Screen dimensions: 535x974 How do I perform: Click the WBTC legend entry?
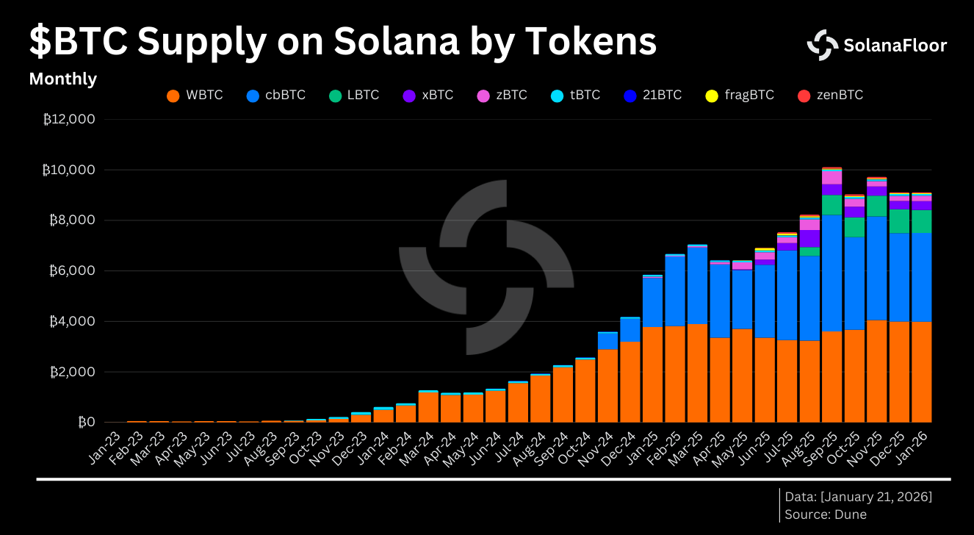tap(195, 96)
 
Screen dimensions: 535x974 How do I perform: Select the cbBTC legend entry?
tap(276, 96)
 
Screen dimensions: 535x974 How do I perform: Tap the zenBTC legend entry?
tap(830, 96)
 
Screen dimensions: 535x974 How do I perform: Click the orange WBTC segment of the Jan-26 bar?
tap(921, 372)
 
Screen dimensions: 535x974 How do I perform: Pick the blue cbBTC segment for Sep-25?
tap(831, 273)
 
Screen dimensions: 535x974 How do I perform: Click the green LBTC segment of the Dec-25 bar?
tap(899, 221)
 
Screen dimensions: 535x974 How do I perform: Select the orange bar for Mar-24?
tap(428, 408)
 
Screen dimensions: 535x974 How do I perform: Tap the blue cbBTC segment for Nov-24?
tap(607, 341)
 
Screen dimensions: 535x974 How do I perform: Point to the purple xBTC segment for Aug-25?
tap(809, 239)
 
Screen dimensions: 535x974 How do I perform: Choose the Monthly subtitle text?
tap(62, 79)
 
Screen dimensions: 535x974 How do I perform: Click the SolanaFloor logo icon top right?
tap(822, 45)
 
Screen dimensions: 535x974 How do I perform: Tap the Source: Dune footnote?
tap(826, 514)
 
